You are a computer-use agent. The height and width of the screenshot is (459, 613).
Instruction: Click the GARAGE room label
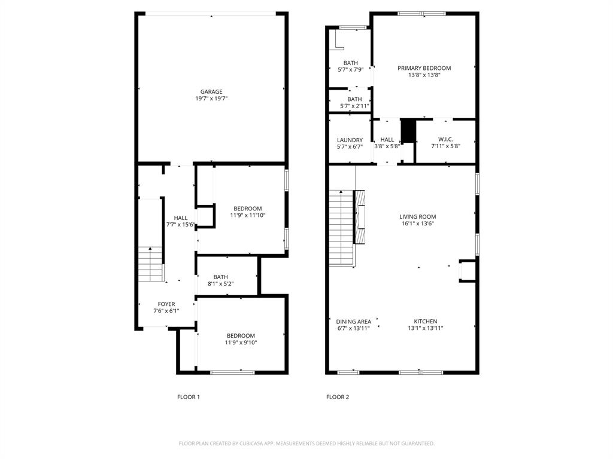tap(211, 91)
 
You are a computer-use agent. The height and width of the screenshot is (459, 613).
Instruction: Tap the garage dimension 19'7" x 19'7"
tap(211, 99)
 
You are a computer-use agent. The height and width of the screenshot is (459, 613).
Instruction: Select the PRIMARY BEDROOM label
tap(424, 68)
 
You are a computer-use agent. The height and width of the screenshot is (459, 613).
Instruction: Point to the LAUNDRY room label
tap(350, 140)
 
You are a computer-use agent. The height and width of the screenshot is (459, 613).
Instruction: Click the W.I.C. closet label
tap(445, 139)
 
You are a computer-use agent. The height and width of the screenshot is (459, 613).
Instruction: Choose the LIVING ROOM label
tap(418, 217)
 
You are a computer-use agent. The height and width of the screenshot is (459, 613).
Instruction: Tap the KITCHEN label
tap(425, 321)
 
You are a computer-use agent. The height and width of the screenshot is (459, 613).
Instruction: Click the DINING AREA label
tap(353, 321)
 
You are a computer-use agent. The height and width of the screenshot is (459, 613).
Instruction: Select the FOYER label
tap(166, 304)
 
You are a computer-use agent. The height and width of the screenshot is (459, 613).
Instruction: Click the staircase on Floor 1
tap(151, 264)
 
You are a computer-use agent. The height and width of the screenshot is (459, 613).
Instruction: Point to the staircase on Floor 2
tap(342, 228)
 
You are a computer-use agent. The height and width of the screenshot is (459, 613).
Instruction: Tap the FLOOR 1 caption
tap(188, 397)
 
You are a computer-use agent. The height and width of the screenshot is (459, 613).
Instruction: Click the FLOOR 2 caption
tap(337, 397)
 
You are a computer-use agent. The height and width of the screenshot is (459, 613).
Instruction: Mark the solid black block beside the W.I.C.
tap(408, 131)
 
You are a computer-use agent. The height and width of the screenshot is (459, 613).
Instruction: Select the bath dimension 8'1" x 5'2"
tap(220, 284)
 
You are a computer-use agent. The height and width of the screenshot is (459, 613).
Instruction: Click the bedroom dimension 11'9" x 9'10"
tap(241, 343)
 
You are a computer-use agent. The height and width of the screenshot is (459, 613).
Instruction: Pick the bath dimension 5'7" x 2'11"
tap(354, 106)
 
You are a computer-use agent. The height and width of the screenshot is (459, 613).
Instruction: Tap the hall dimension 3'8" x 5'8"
tap(387, 146)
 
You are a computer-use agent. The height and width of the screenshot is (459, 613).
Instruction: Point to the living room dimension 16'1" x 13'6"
tap(418, 224)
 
